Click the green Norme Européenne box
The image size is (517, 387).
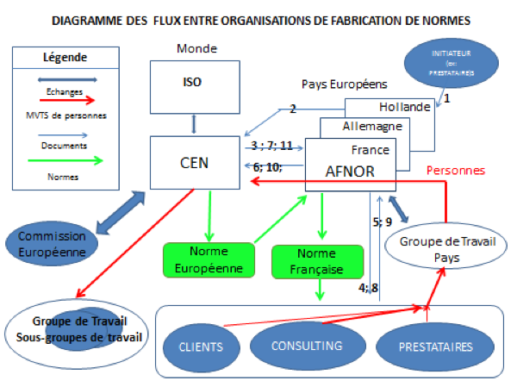pyautogui.click(x=209, y=259)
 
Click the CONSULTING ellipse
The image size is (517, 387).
pyautogui.click(x=307, y=346)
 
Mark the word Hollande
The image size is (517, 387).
pyautogui.click(x=403, y=107)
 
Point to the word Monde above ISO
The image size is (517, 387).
pyautogui.click(x=195, y=48)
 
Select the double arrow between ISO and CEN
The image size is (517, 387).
pyautogui.click(x=194, y=123)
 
